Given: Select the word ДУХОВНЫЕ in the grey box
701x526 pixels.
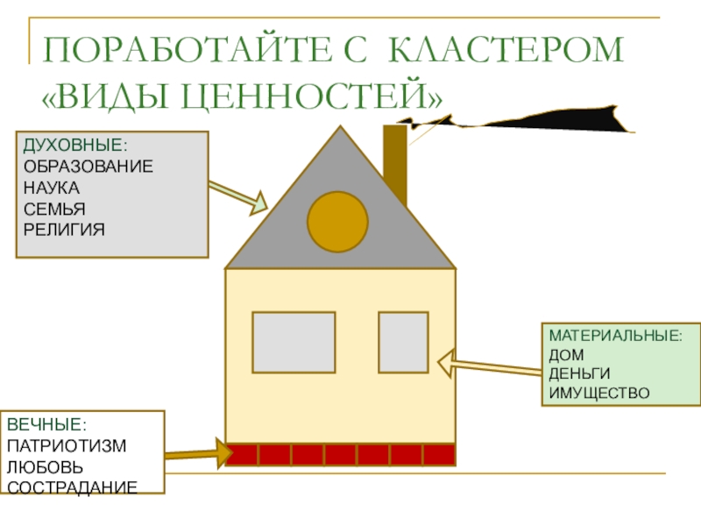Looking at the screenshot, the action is [74, 145].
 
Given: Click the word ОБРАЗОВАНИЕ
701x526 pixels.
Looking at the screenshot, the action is [88, 166].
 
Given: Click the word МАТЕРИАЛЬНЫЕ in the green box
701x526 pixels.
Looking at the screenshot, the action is [614, 337].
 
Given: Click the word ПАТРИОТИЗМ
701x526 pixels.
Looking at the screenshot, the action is [67, 445].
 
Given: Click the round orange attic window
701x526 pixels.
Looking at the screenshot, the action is [337, 219].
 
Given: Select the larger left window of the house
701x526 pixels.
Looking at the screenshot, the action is [294, 342].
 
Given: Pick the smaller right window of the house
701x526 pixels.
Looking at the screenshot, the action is [403, 342].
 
